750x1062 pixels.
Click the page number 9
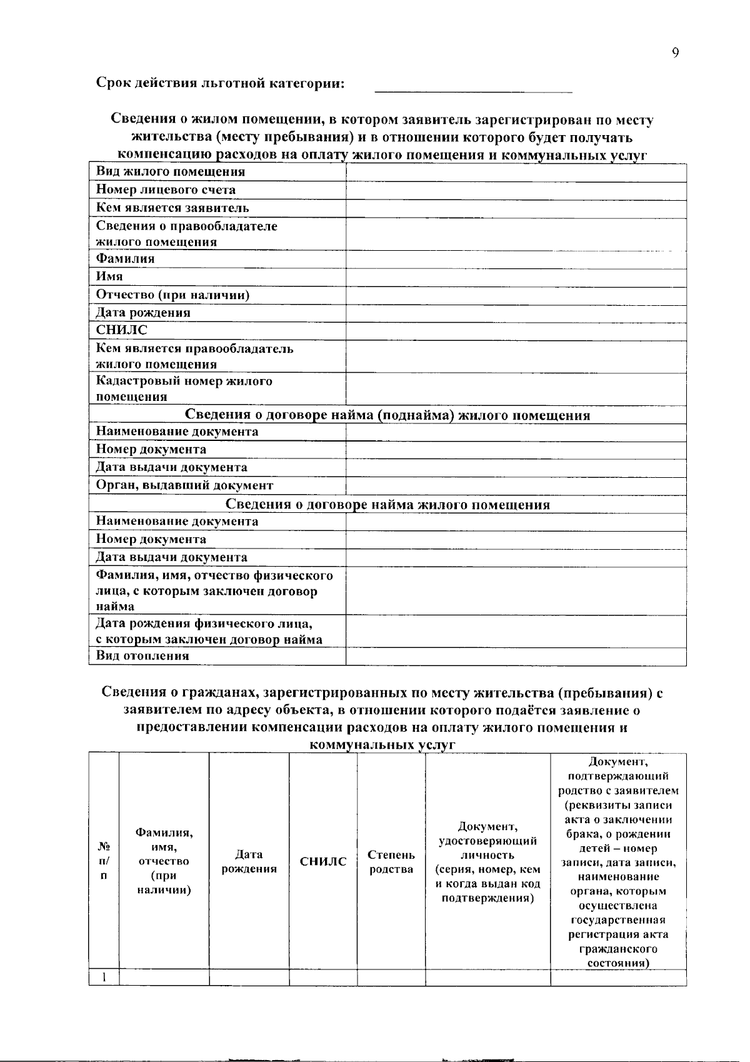(675, 53)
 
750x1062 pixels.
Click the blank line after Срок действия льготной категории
(473, 88)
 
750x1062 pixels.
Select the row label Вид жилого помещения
(170, 172)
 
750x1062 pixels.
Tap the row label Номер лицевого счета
(166, 190)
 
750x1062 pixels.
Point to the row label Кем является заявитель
(172, 208)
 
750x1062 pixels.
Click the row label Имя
(109, 276)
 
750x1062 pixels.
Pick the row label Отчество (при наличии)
(172, 295)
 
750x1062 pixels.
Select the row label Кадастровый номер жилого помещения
(184, 388)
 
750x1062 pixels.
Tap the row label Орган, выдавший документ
(184, 485)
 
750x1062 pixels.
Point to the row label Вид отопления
(142, 656)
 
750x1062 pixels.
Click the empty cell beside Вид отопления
(516, 656)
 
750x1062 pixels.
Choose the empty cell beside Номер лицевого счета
(516, 190)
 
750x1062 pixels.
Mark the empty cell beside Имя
(516, 276)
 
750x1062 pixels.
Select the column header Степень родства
(391, 862)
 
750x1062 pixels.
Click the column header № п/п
(104, 862)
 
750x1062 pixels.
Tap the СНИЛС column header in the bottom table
(323, 862)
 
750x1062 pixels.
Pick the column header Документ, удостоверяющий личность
(487, 862)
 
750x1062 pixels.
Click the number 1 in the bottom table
(104, 977)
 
